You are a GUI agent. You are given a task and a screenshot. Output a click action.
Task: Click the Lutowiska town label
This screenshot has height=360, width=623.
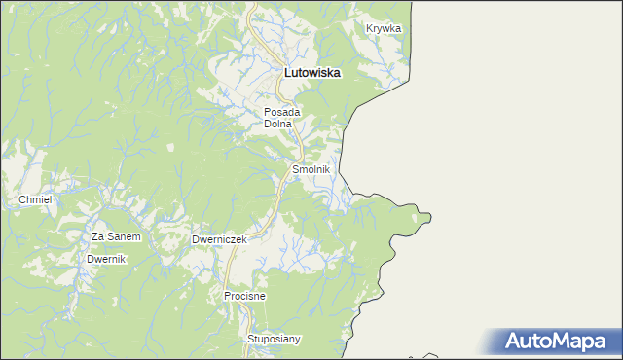(311, 72)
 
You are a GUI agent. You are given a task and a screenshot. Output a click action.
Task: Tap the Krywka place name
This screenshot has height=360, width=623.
(384, 28)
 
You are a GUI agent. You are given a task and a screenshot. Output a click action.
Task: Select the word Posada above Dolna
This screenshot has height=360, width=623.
(282, 112)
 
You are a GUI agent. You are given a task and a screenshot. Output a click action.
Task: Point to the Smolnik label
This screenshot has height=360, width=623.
(311, 169)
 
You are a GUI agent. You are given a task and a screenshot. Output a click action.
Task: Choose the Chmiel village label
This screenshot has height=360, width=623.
(34, 199)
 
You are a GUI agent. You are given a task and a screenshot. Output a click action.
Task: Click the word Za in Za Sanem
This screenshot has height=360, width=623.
(98, 236)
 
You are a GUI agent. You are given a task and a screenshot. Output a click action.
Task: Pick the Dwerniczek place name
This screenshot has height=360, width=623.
(219, 239)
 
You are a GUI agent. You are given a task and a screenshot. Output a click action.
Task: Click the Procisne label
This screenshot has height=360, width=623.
(244, 295)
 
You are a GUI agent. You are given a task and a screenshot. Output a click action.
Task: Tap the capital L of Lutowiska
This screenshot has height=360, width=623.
(286, 72)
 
